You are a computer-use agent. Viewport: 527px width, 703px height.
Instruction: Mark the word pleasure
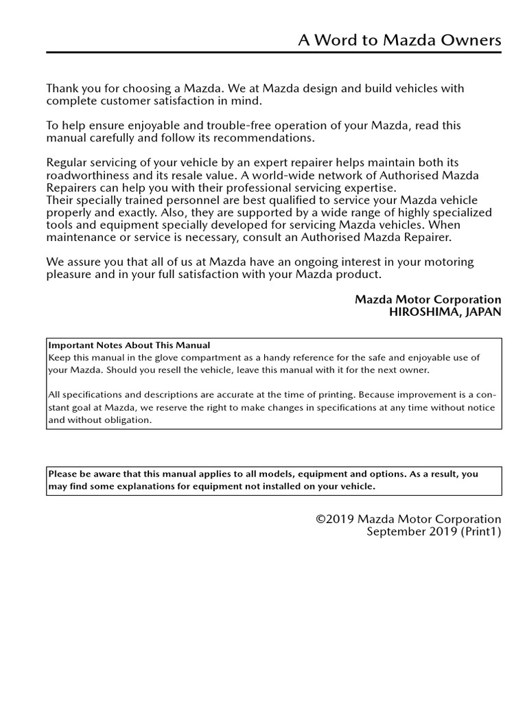70,275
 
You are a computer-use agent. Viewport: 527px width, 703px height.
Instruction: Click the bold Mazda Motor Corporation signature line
428,300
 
